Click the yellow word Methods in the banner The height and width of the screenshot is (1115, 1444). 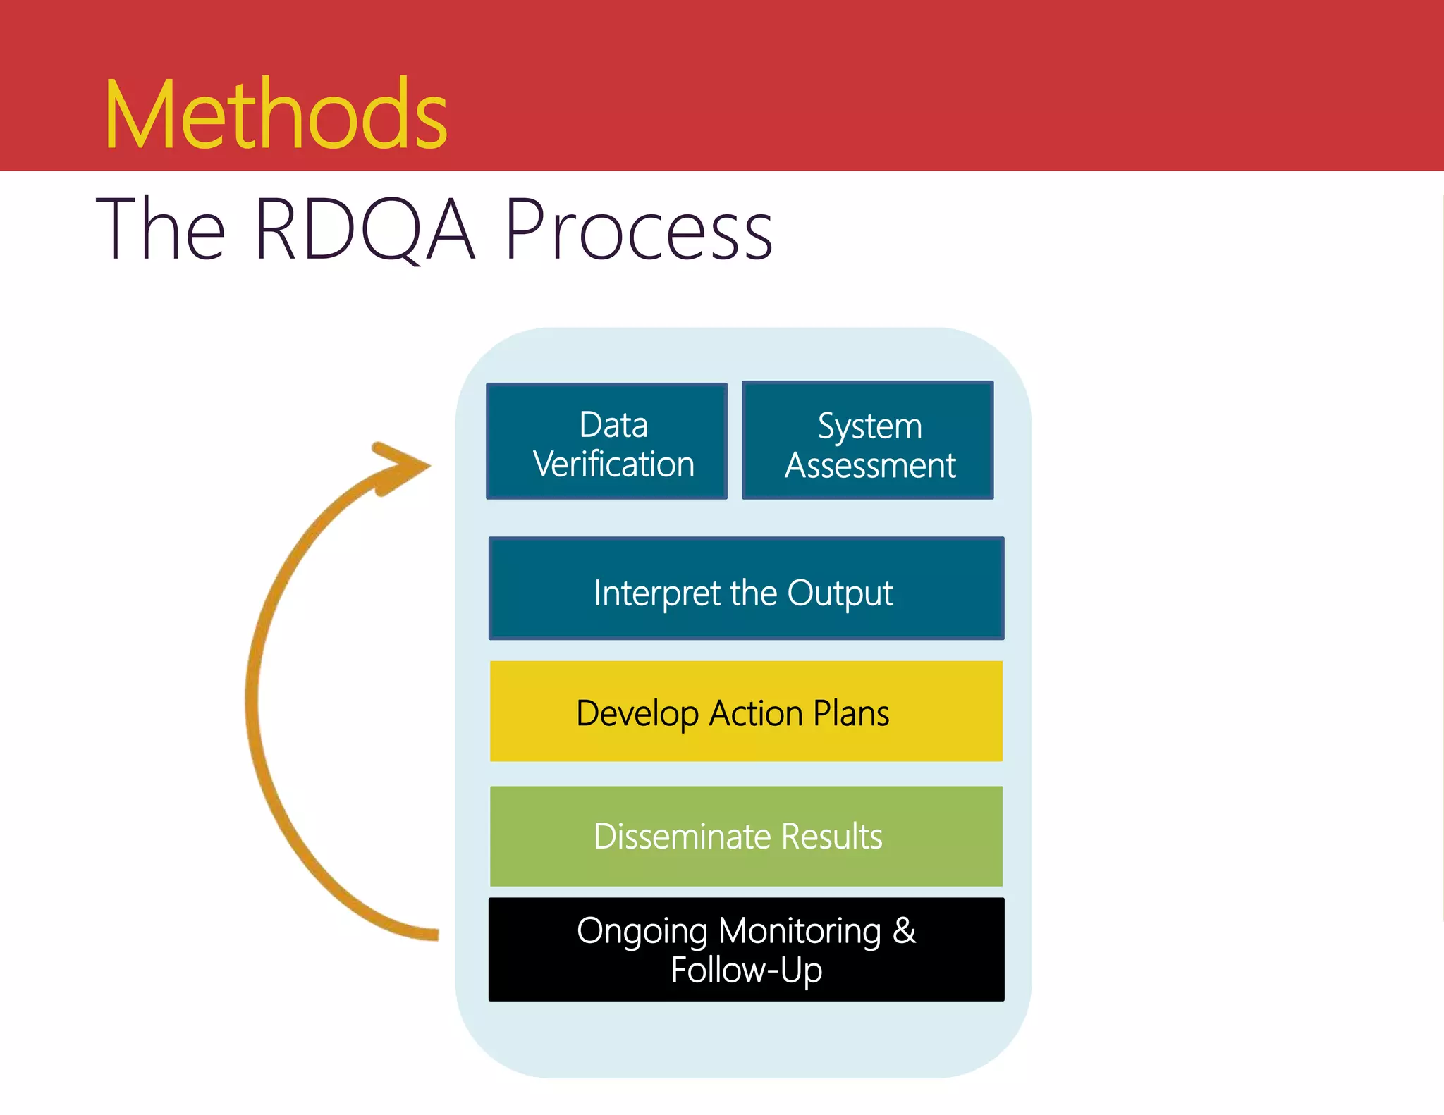pos(276,114)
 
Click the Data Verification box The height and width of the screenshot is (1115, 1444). pos(606,441)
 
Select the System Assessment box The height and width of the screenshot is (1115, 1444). pos(868,441)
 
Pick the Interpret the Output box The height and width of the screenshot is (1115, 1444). pos(746,589)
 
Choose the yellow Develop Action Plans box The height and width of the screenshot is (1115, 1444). pos(746,711)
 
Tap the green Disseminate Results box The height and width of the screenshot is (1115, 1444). pos(746,836)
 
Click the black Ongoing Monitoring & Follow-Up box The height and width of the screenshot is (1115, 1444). pos(746,949)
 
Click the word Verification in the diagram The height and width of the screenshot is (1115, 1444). pos(613,464)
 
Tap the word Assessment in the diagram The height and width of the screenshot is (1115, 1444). pos(870,466)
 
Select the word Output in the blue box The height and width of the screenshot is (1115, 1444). pos(840,593)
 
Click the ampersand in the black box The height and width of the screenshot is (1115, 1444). pos(904,930)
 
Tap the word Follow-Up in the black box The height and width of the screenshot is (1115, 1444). pos(746,971)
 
